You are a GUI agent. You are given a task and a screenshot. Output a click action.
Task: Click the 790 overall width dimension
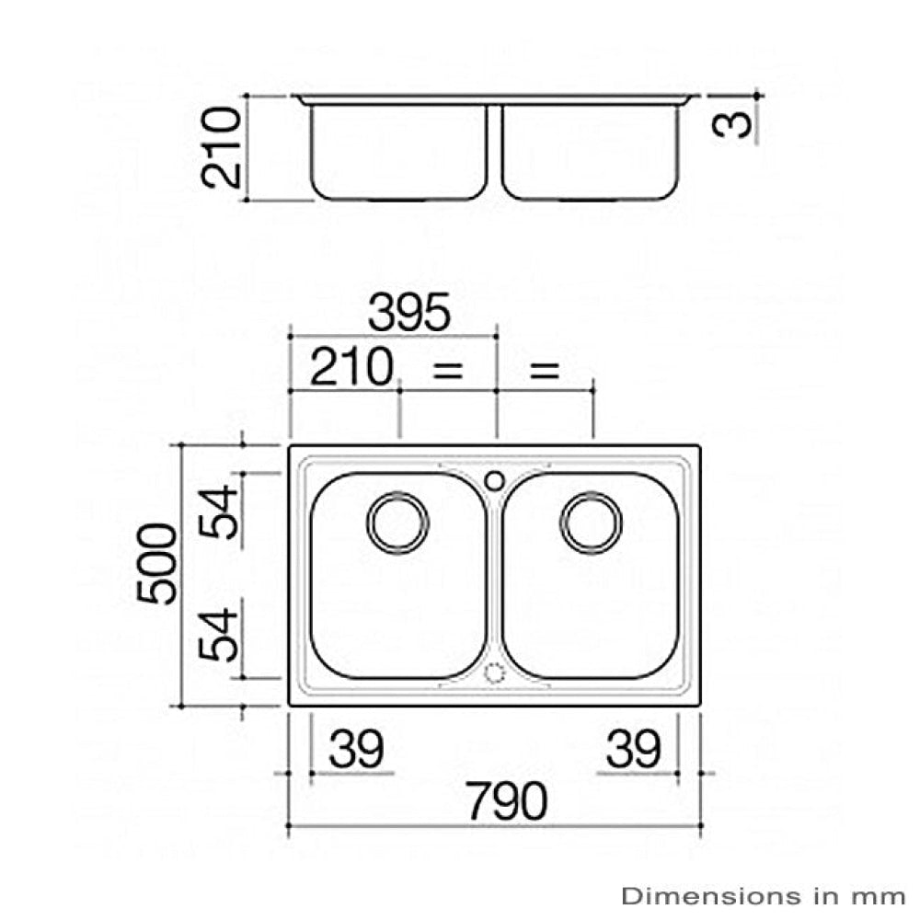pyautogui.click(x=505, y=802)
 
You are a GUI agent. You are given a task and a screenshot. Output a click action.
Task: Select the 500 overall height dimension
pyautogui.click(x=157, y=563)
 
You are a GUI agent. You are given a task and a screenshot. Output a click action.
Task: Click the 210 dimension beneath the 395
pyautogui.click(x=351, y=369)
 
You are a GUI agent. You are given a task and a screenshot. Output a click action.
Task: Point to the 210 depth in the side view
pyautogui.click(x=222, y=147)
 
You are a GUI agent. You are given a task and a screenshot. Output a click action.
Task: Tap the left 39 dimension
pyautogui.click(x=356, y=750)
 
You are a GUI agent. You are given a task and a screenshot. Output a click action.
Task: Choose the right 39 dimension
pyautogui.click(x=633, y=750)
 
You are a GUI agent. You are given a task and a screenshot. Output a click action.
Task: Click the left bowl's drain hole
pyautogui.click(x=397, y=523)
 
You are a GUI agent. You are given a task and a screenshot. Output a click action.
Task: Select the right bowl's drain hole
pyautogui.click(x=592, y=523)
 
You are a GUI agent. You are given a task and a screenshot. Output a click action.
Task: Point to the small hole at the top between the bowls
pyautogui.click(x=494, y=479)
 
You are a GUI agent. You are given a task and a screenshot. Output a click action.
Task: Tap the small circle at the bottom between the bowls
pyautogui.click(x=494, y=673)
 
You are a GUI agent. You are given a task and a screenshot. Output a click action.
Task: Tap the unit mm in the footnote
pyautogui.click(x=884, y=894)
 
